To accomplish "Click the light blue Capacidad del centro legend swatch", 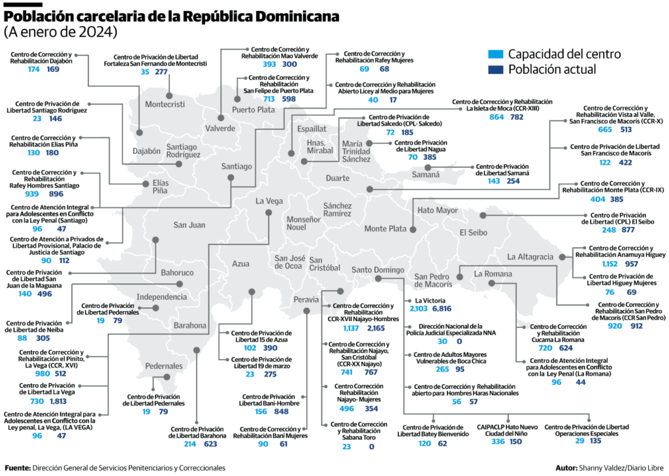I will (496, 54).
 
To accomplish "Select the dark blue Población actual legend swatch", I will (496, 69).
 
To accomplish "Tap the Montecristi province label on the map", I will (165, 104).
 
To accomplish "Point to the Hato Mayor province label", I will (438, 211).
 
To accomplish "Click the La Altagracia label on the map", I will (530, 257).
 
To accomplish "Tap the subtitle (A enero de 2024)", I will (60, 31).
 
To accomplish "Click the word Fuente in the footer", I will (16, 467).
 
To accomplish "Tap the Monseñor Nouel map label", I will (304, 224).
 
